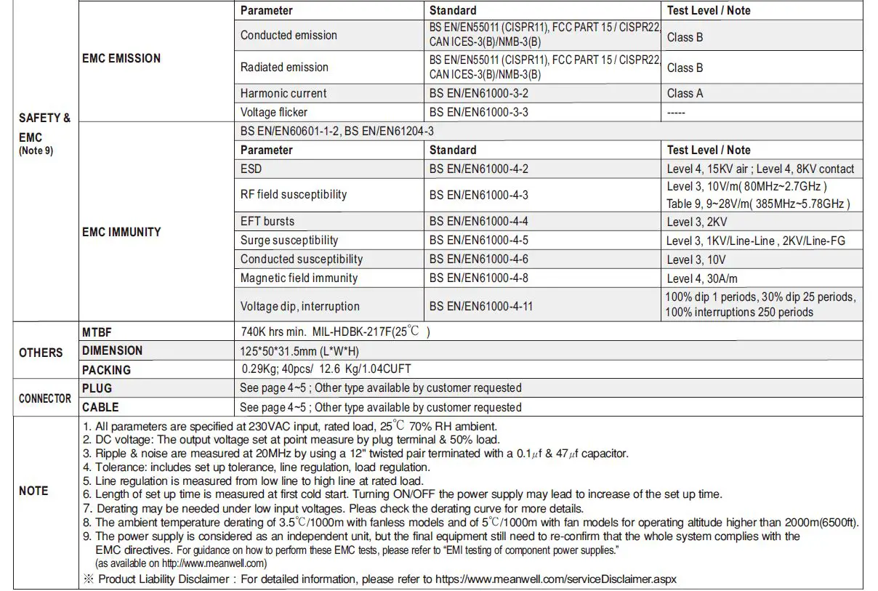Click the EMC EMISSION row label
click(121, 59)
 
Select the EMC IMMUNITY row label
click(121, 232)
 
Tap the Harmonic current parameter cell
click(283, 93)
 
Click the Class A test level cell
click(685, 93)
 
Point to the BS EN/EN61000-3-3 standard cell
click(478, 112)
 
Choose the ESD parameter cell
click(251, 169)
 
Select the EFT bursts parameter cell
click(267, 221)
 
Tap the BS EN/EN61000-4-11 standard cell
click(481, 306)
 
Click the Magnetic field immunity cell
click(299, 278)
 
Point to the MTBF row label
click(97, 331)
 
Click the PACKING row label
click(106, 369)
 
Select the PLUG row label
click(97, 388)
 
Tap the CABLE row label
click(100, 407)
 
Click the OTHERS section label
click(41, 353)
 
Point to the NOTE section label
click(33, 491)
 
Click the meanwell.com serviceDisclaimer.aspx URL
click(555, 579)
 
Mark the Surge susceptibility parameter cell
click(289, 240)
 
